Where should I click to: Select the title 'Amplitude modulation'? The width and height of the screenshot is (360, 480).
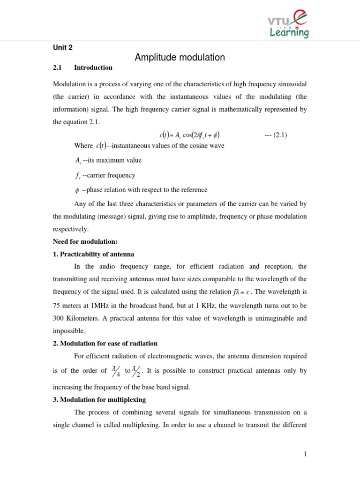pyautogui.click(x=180, y=58)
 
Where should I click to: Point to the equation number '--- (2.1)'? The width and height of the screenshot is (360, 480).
pyautogui.click(x=276, y=135)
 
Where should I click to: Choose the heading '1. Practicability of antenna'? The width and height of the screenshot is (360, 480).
pyautogui.click(x=93, y=254)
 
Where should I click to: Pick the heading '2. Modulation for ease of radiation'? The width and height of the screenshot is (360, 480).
pyautogui.click(x=105, y=344)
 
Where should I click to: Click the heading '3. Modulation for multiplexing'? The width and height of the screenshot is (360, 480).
pyautogui.click(x=99, y=400)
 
